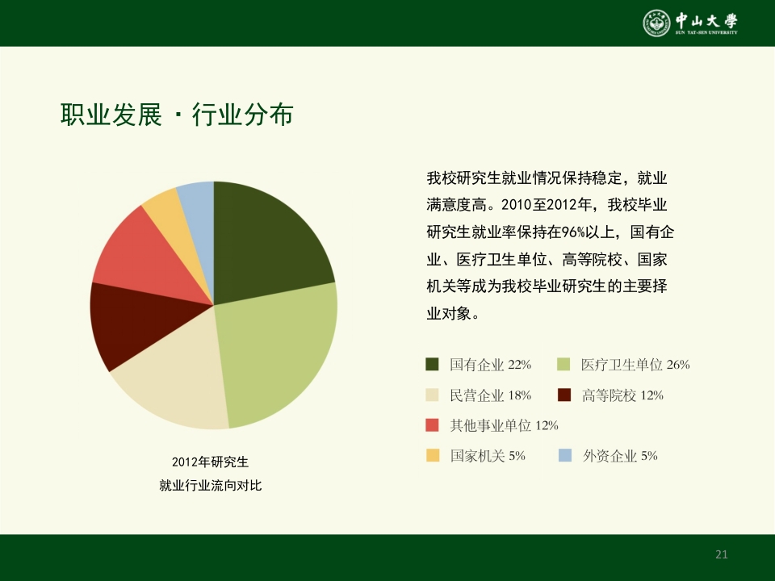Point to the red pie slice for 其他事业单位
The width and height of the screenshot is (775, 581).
tap(141, 254)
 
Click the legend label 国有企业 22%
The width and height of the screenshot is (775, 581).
tap(490, 365)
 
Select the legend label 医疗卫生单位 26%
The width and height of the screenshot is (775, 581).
tap(635, 365)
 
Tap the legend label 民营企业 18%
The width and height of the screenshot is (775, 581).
tap(490, 395)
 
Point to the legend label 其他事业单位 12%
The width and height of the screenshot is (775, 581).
tap(504, 425)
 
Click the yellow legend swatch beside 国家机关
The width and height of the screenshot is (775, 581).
tap(433, 456)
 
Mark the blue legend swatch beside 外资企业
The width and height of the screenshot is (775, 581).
tap(565, 456)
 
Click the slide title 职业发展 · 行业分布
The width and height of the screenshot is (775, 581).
tap(177, 115)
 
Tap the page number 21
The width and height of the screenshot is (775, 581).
tap(722, 554)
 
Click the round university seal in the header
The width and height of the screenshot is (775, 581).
tap(656, 23)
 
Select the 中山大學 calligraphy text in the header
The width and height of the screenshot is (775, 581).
tap(706, 20)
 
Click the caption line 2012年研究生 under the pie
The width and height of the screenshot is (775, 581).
tap(210, 462)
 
